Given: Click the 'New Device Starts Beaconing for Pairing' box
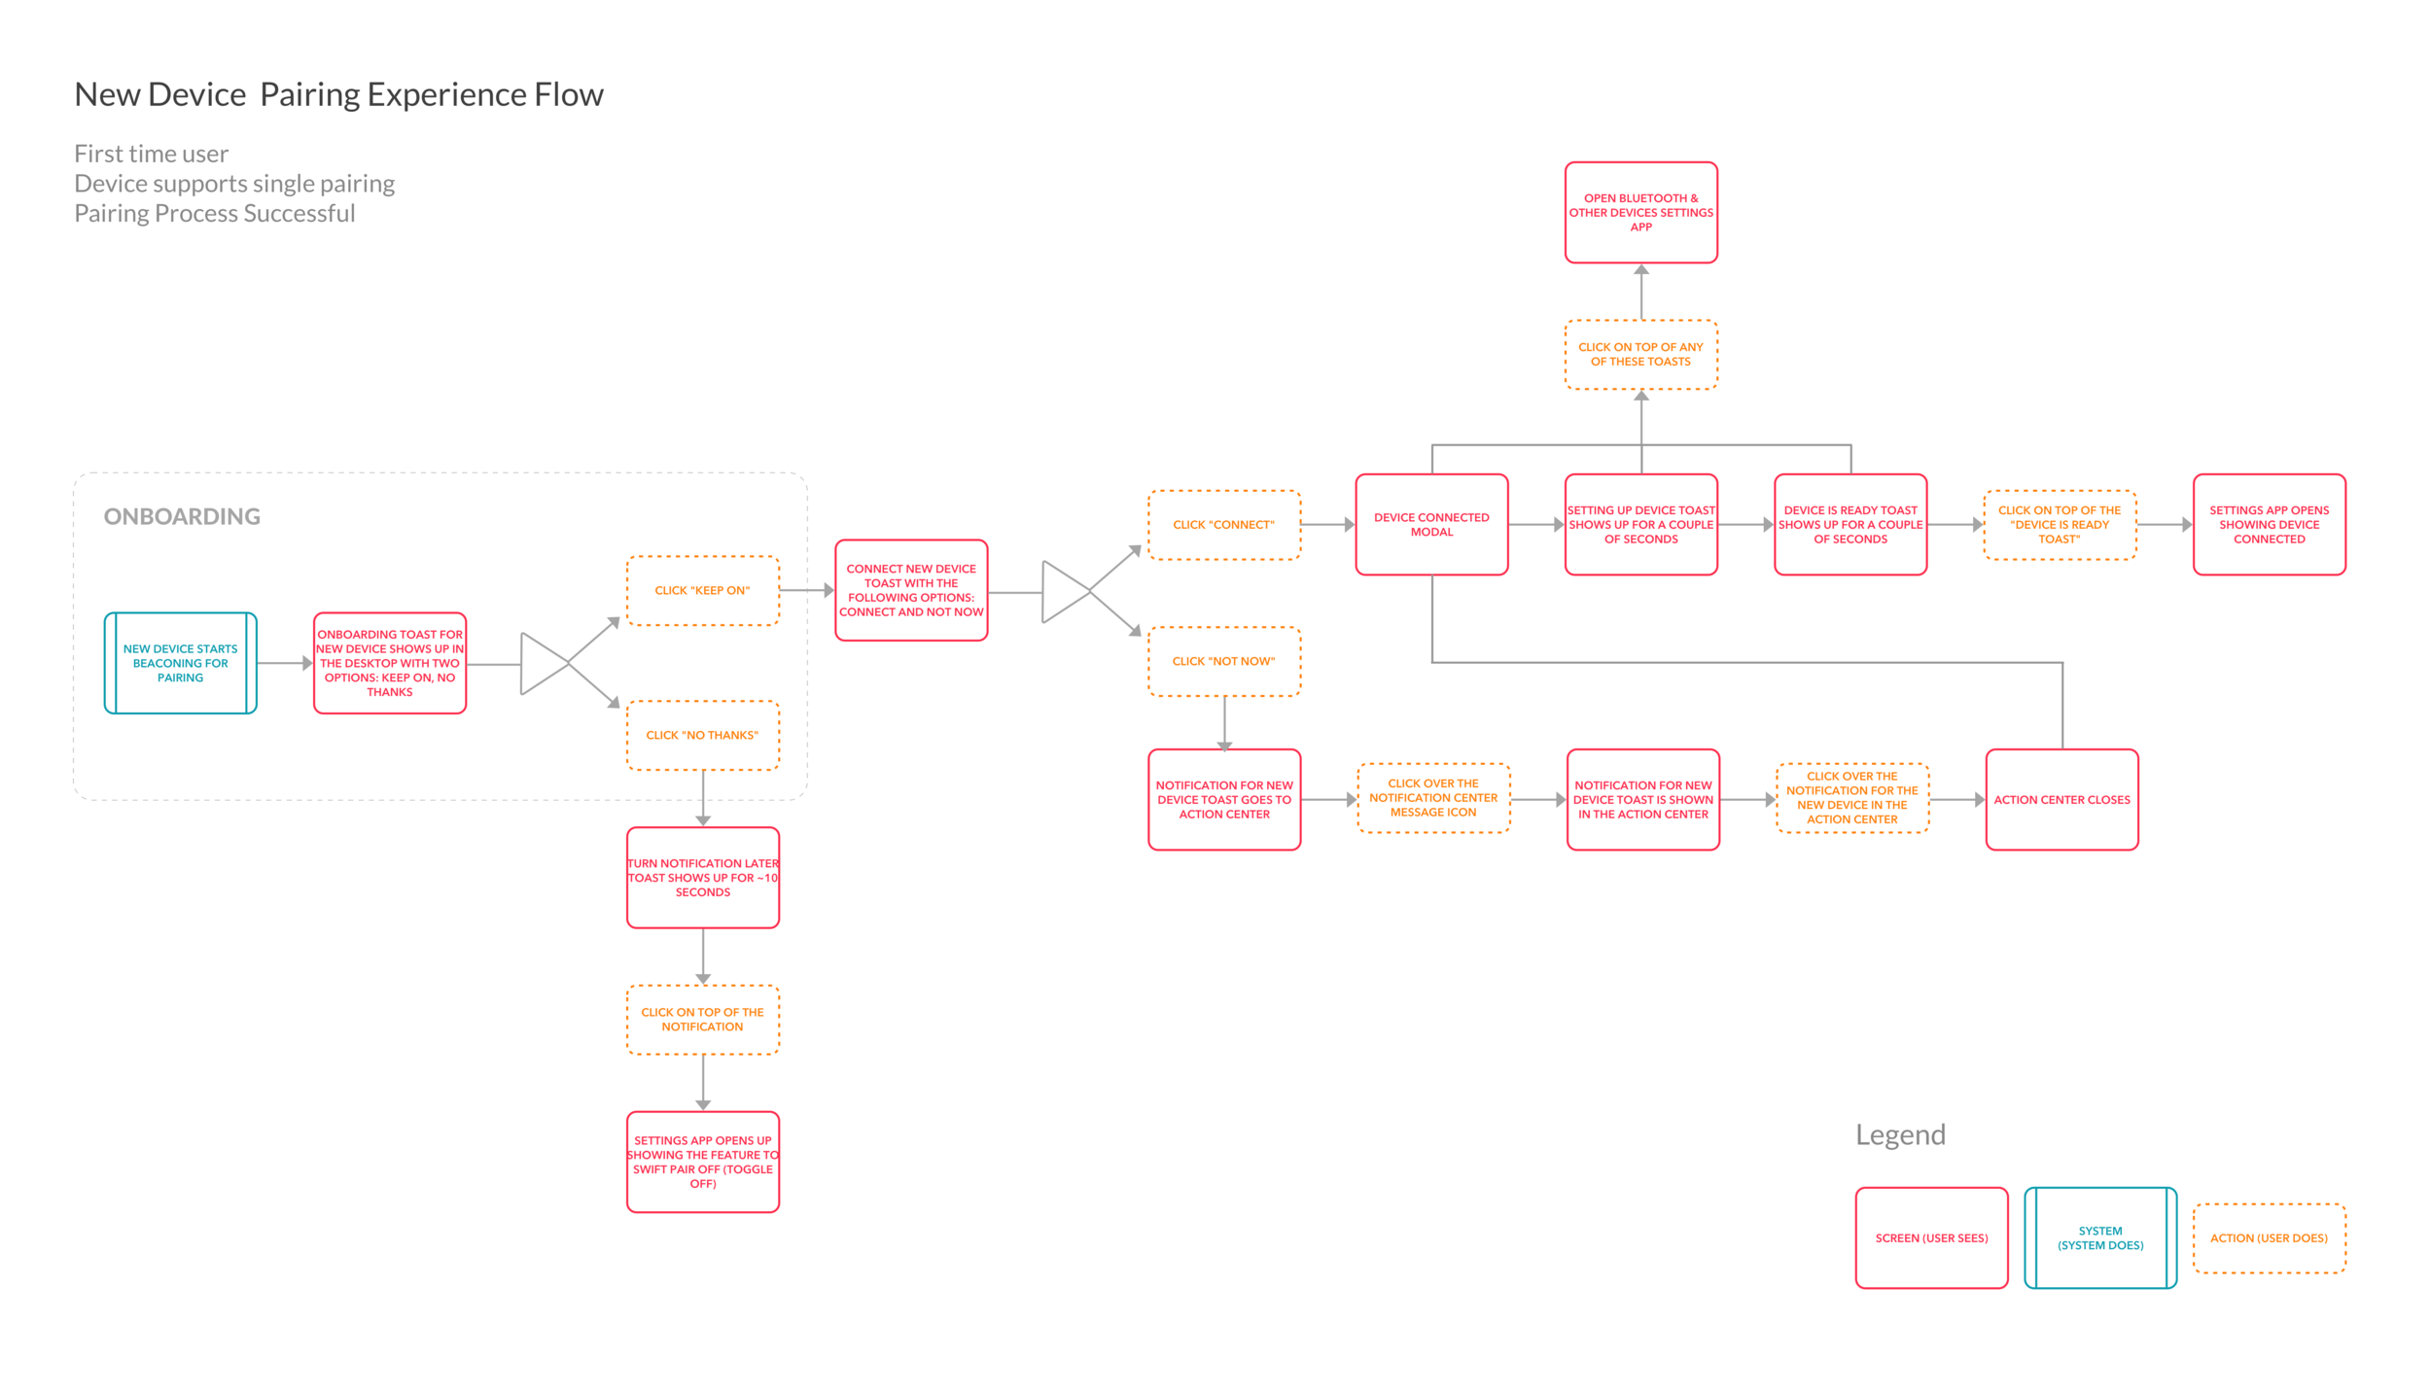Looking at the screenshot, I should coord(180,663).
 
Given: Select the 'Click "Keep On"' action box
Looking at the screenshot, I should coord(702,590).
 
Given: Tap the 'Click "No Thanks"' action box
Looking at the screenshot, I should coord(702,735).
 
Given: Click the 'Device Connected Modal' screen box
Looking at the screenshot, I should coord(1431,524).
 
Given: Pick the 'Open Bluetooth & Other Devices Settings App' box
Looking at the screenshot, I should coord(1640,212).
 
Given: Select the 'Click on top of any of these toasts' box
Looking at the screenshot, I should coord(1640,354).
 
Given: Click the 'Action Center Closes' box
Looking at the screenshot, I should coord(2061,799).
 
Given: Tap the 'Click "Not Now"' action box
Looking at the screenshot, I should coord(1223,661).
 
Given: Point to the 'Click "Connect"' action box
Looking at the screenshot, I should coord(1223,524).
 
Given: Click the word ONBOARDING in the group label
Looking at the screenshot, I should coord(182,516).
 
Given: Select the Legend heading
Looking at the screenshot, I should coord(1899,1134).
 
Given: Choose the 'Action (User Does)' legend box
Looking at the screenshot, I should coord(2269,1237).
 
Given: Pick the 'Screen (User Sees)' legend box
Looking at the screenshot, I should coord(1931,1237).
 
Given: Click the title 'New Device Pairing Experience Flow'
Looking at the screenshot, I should coord(338,94).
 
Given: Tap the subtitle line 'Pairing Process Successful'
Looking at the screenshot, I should coord(214,213).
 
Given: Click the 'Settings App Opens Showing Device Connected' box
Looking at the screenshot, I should coord(2269,524).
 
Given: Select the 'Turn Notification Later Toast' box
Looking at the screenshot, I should coord(702,877).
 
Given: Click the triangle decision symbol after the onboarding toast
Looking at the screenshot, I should coord(541,663).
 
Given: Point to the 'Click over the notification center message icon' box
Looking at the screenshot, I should coord(1432,797).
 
